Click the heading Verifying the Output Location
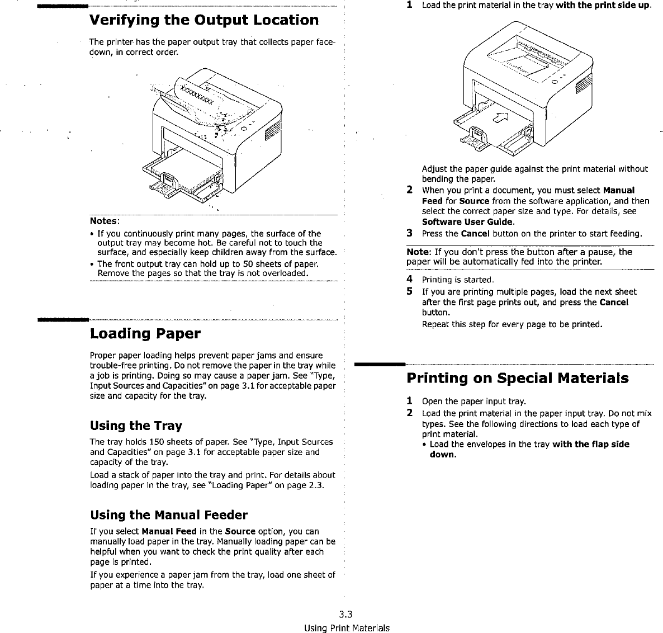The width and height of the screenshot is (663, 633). coord(204,20)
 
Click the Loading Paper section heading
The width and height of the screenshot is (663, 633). coord(145,334)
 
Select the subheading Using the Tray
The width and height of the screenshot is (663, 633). coord(136,426)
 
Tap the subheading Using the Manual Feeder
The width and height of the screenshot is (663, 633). coord(168,514)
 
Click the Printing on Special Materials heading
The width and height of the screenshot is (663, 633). coord(517,378)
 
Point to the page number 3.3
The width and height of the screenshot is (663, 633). coord(346,616)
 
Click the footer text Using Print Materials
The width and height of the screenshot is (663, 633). coord(347,627)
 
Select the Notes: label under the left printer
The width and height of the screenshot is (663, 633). coord(101,221)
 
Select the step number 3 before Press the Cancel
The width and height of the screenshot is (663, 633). coord(410,233)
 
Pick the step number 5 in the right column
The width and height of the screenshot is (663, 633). coord(410,291)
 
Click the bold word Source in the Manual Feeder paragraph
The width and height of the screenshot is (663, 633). coord(240,531)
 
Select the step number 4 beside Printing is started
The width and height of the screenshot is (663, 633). coord(410,279)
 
